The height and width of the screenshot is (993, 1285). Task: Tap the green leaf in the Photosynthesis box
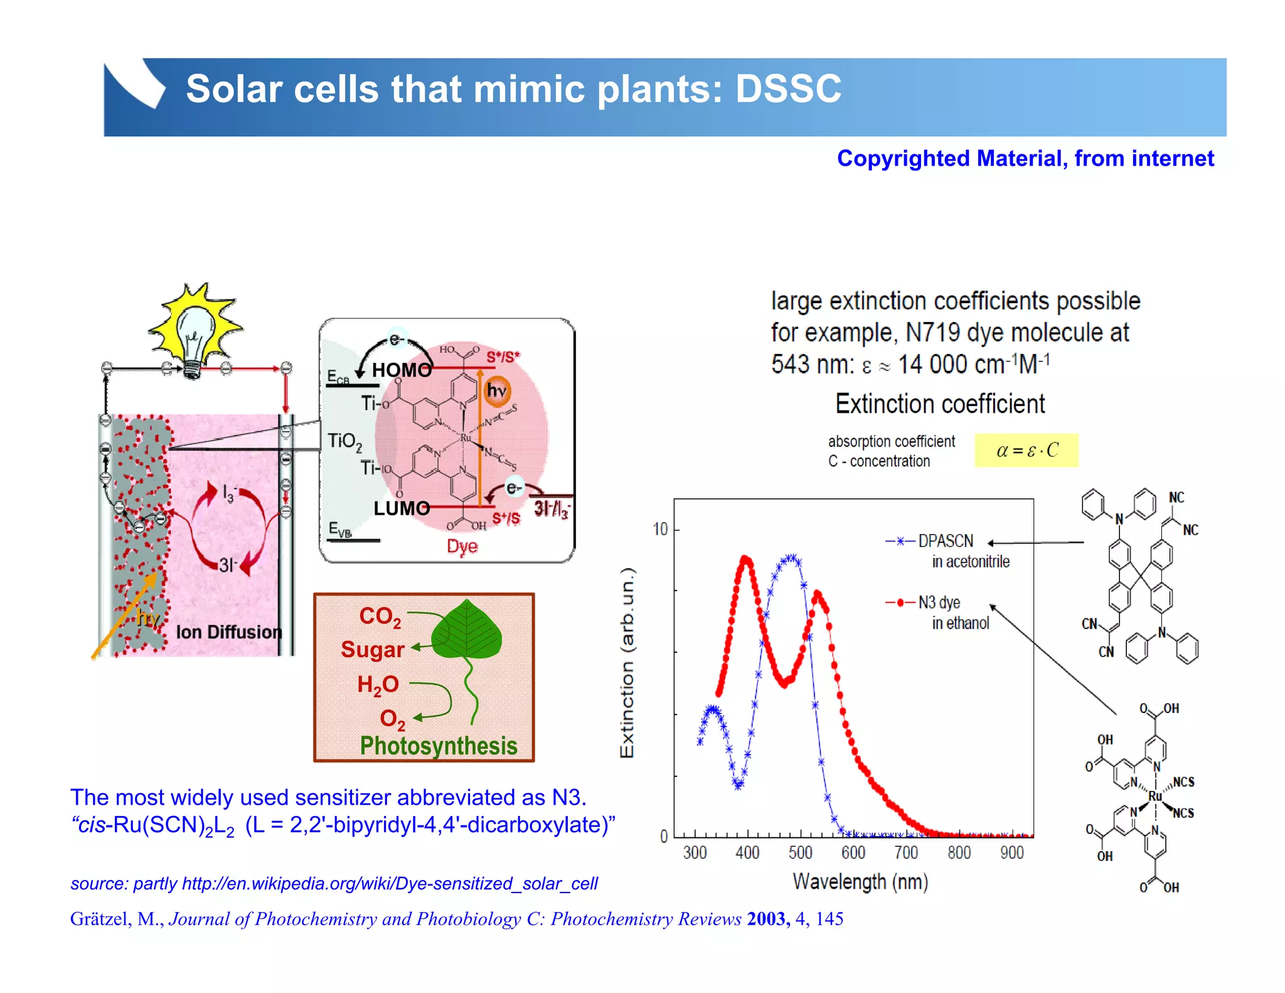pyautogui.click(x=467, y=631)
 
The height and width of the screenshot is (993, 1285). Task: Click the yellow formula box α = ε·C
pyautogui.click(x=1026, y=450)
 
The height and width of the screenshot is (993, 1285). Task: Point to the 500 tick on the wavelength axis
pyautogui.click(x=800, y=852)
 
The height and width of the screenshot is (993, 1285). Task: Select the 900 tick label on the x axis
pyautogui.click(x=1011, y=852)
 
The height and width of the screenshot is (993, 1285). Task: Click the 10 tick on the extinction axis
pyautogui.click(x=660, y=529)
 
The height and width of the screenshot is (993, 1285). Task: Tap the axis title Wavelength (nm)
pyautogui.click(x=860, y=881)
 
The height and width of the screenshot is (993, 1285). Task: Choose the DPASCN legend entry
pyautogui.click(x=945, y=541)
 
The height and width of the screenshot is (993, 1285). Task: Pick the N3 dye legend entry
pyautogui.click(x=939, y=603)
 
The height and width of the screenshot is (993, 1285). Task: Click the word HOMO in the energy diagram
pyautogui.click(x=402, y=370)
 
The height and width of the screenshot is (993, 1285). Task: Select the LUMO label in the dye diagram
pyautogui.click(x=402, y=508)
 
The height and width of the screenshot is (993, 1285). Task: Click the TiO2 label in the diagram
pyautogui.click(x=344, y=441)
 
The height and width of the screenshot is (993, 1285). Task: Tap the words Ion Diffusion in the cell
pyautogui.click(x=229, y=632)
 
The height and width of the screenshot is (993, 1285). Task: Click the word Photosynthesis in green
pyautogui.click(x=439, y=746)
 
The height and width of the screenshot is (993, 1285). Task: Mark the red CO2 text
pyautogui.click(x=380, y=616)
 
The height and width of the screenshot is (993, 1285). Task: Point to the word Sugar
pyautogui.click(x=372, y=650)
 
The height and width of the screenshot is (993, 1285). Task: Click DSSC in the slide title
pyautogui.click(x=787, y=89)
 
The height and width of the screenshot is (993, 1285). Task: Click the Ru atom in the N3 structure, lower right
pyautogui.click(x=1154, y=796)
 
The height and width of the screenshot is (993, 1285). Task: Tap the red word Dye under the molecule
pyautogui.click(x=462, y=546)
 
